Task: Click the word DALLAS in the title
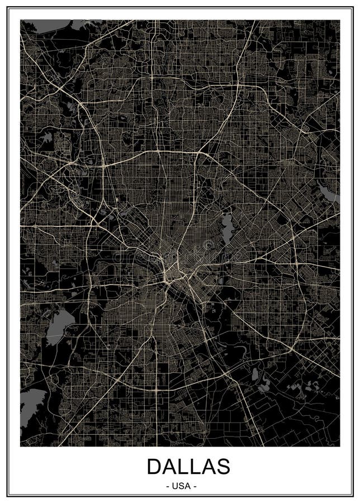[188, 466]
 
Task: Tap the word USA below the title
[182, 486]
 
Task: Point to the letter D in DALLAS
[156, 466]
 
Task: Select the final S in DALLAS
[222, 466]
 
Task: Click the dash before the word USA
[168, 486]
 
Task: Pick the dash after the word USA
[195, 486]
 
